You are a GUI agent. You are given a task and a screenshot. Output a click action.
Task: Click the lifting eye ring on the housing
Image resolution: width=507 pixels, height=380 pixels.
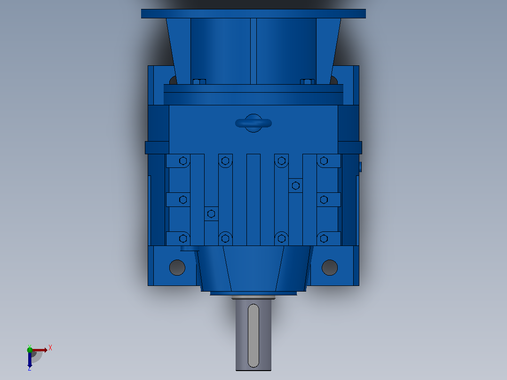pos(253,123)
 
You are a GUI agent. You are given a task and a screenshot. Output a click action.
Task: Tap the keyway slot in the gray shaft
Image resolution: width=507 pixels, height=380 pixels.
pos(253,336)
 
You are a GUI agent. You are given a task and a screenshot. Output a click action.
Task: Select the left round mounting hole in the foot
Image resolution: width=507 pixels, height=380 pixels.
pos(177,268)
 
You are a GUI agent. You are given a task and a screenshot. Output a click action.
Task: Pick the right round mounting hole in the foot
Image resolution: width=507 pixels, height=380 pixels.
pos(330,268)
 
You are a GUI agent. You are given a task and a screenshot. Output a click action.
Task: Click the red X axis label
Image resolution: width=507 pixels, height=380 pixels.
pos(50,348)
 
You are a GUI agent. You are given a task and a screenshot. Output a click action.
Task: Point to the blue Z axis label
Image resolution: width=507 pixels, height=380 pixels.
pos(30,368)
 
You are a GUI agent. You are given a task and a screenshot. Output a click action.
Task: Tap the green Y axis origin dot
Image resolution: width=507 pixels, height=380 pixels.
pos(30,350)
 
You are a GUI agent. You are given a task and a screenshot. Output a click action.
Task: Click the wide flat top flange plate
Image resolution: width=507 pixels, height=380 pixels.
pos(253,14)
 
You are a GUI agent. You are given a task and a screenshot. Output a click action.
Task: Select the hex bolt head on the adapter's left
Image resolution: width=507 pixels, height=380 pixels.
pos(199,81)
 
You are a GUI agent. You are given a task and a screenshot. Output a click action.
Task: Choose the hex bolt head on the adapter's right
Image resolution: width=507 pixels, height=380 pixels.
pos(308,81)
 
